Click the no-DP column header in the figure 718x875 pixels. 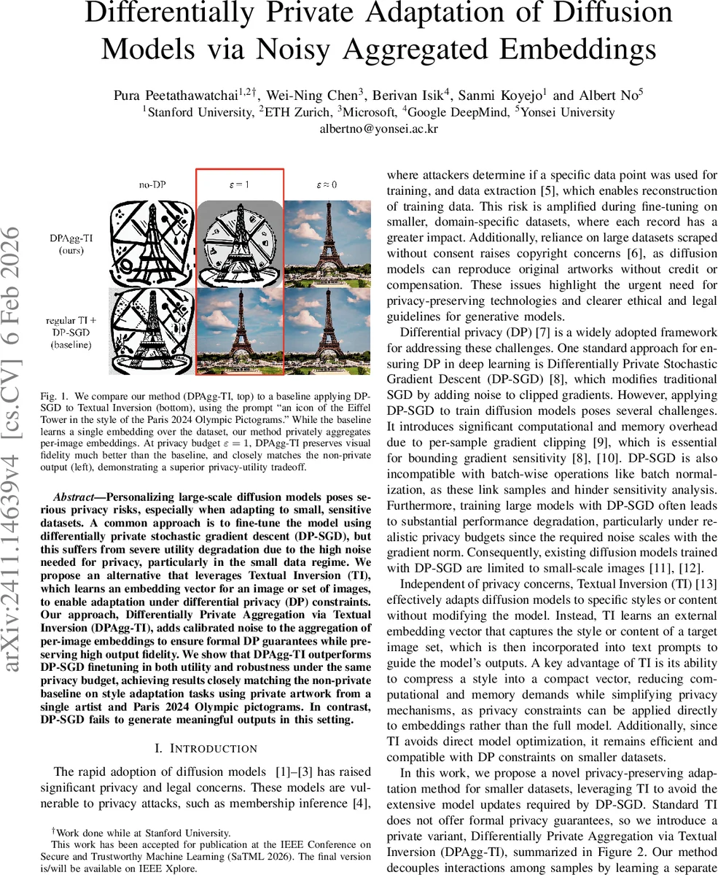152,184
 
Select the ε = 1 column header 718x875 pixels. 240,184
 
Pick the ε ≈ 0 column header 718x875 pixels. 327,184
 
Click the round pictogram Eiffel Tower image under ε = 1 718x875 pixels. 239,243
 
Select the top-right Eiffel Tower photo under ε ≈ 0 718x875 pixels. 327,243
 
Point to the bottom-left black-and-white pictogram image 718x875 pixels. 152,331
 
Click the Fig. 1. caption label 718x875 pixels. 53,396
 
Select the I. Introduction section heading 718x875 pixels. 206,749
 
